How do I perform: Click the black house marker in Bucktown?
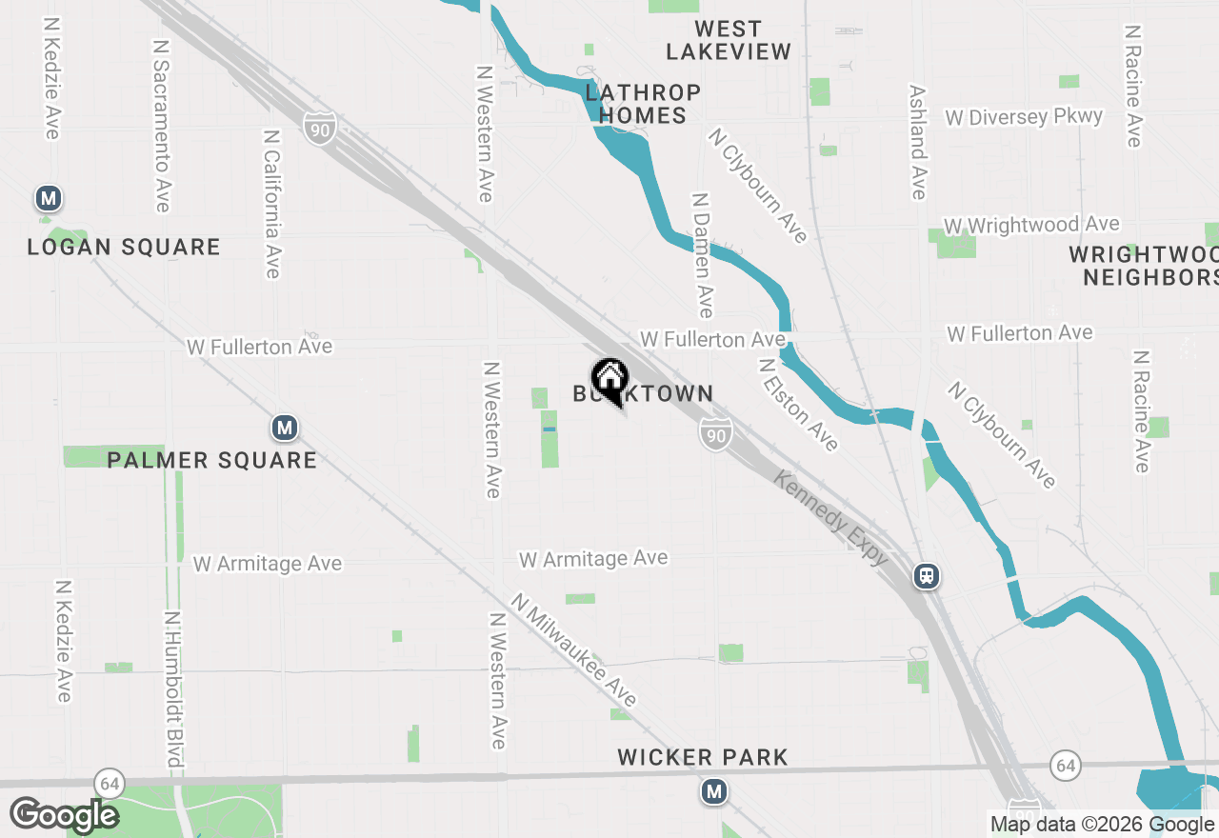point(609,378)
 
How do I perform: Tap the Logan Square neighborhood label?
point(124,248)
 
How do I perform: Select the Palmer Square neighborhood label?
point(211,460)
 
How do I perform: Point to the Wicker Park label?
point(703,758)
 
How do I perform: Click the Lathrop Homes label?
point(643,104)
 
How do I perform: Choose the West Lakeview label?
point(729,40)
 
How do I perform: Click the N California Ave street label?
point(272,204)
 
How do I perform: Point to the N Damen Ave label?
point(703,255)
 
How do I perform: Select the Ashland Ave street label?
point(917,143)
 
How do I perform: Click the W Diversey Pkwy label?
point(1024,117)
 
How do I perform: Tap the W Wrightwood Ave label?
point(1031,226)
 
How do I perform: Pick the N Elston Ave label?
point(799,405)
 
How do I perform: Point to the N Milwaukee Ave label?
point(573,650)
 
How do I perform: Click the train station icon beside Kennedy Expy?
point(927,576)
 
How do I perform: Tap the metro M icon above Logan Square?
point(49,199)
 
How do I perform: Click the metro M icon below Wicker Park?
point(714,791)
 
